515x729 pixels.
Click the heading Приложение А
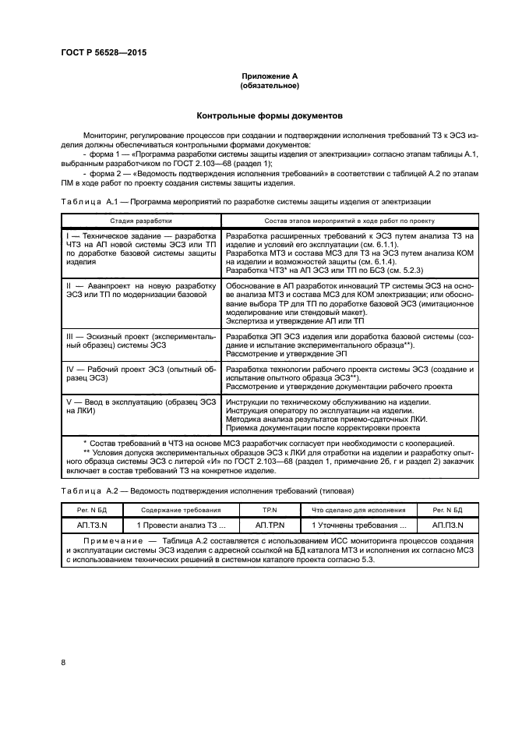[x=270, y=76]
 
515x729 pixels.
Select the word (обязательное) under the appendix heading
[x=270, y=86]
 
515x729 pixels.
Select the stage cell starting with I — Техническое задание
[x=140, y=248]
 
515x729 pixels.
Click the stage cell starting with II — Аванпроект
[x=140, y=292]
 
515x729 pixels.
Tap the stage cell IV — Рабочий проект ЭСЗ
[x=140, y=371]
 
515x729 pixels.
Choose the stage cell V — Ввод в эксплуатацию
[x=140, y=406]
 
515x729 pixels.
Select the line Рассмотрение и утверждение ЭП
[x=274, y=353]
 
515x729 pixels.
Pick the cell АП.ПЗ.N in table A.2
[x=446, y=526]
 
